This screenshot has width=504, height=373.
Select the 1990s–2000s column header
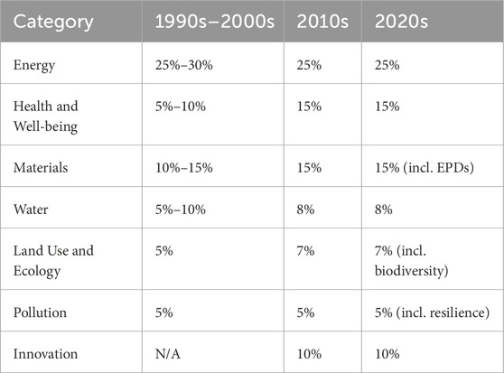(212, 20)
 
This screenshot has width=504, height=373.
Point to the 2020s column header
(403, 20)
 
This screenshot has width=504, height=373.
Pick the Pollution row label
(42, 312)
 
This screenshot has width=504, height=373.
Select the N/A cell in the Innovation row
(170, 353)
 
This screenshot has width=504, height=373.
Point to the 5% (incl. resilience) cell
(428, 312)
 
